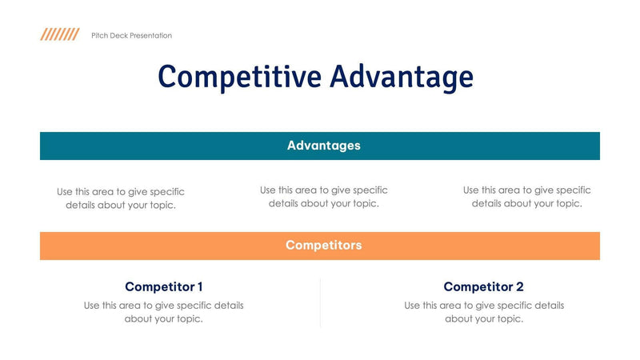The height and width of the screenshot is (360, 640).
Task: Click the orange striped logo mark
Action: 60,34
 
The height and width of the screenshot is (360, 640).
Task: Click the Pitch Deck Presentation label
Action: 131,35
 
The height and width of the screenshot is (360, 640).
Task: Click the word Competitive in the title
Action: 239,78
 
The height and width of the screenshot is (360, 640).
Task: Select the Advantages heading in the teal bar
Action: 323,146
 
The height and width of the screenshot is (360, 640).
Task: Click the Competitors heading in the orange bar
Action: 323,246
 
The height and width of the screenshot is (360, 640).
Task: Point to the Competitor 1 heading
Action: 163,286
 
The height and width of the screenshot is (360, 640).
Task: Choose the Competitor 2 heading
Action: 483,286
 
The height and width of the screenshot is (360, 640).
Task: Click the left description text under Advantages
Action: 120,198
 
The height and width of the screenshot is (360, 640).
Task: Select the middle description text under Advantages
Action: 323,197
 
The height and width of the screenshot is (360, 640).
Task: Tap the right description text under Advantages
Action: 526,197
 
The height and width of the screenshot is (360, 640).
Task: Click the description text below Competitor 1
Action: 163,312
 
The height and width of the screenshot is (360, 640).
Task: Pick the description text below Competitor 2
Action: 483,312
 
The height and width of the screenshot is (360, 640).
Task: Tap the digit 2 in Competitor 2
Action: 520,286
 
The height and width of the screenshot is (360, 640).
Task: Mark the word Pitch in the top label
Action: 100,35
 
